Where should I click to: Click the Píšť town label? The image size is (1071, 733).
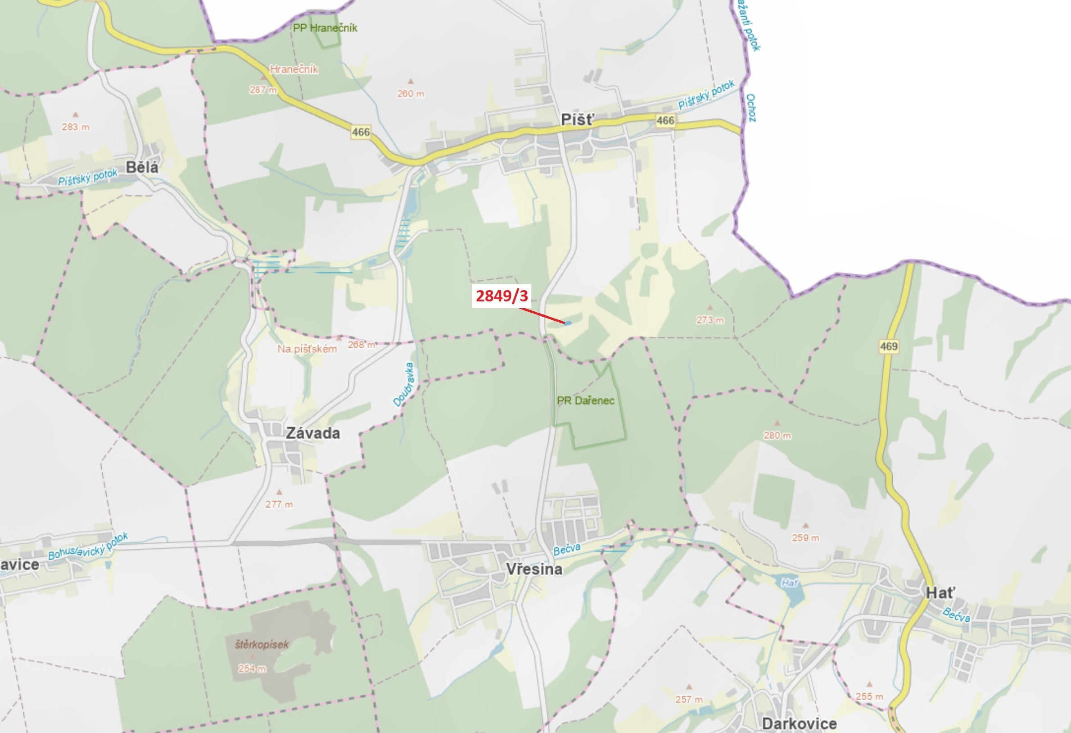click(578, 120)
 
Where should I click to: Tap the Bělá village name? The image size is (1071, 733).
click(142, 167)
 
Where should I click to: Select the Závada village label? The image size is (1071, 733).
click(313, 433)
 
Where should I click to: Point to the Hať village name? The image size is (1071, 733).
click(940, 593)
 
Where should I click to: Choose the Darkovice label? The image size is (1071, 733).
click(799, 723)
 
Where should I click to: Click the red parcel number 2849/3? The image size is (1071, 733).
click(502, 296)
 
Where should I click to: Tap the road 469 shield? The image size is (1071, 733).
click(889, 346)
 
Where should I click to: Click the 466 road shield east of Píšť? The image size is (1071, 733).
click(665, 121)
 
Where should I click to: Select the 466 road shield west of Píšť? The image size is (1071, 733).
click(361, 132)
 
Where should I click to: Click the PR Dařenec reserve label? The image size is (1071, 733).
click(585, 401)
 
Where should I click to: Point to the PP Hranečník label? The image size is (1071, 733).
click(325, 28)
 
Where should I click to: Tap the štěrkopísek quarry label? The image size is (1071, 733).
click(262, 644)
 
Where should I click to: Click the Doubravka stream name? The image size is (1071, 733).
click(404, 385)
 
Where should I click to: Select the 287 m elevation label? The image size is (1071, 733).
click(263, 90)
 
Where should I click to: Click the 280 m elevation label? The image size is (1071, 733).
click(777, 436)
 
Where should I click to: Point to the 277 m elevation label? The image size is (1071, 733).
click(279, 504)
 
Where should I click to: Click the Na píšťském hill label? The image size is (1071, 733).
click(307, 349)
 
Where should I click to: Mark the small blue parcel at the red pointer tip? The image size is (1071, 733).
click(568, 323)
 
